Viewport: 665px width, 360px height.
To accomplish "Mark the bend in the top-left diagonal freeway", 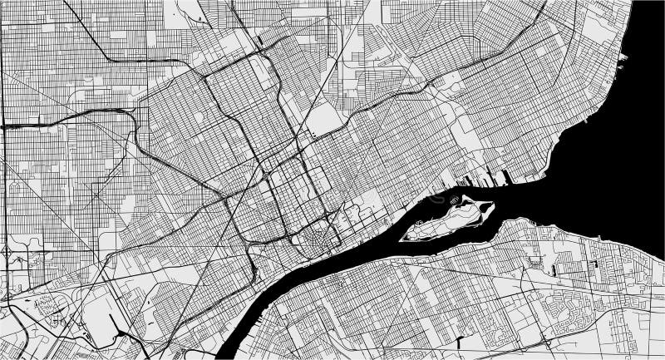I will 108,59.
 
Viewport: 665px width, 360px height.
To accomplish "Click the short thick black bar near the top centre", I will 261,38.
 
